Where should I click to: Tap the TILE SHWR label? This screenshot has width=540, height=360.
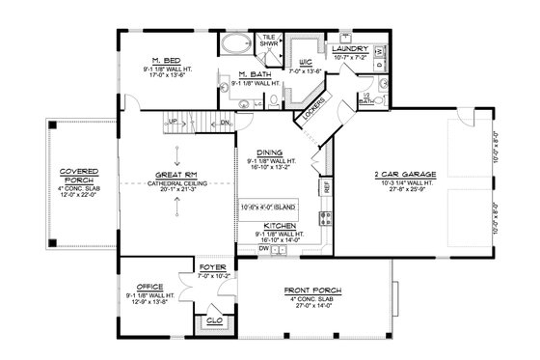(269, 40)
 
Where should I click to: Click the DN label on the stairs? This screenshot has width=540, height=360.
(225, 123)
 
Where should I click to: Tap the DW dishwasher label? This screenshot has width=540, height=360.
(263, 248)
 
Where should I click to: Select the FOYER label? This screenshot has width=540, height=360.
(211, 266)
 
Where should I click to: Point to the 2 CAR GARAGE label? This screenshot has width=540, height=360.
(402, 176)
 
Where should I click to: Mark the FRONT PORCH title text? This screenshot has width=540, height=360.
(309, 290)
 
